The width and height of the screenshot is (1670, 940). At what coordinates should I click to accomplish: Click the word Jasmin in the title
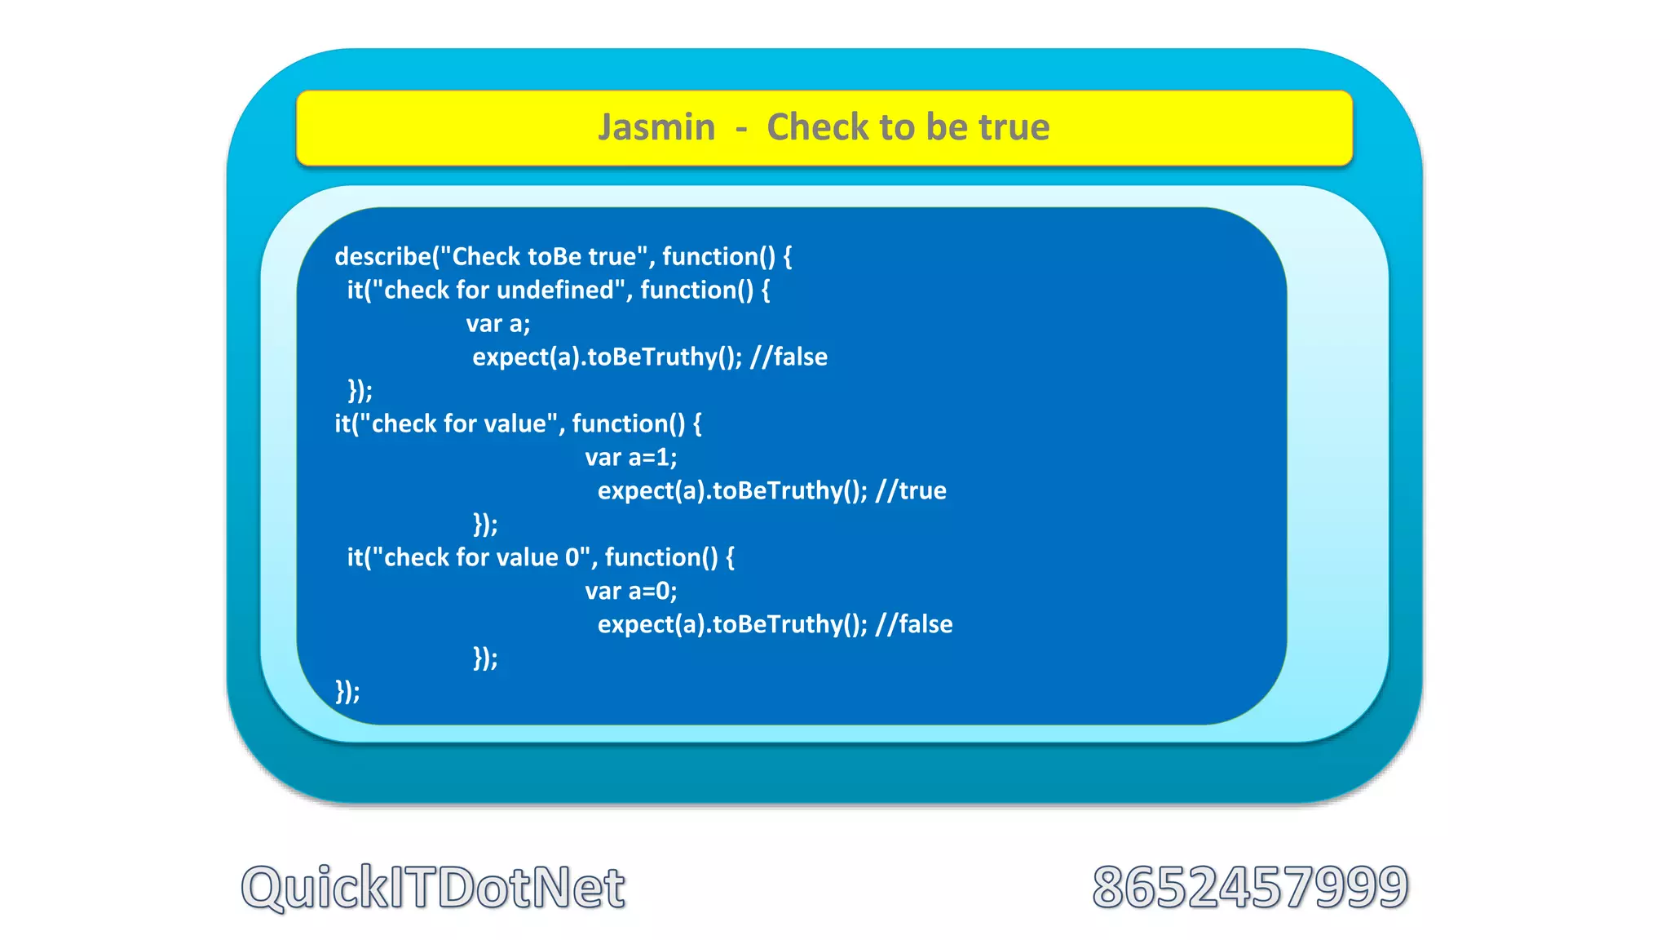point(656,128)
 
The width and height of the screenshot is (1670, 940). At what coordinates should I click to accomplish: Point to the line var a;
point(497,324)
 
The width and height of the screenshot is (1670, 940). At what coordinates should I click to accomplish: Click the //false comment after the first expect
point(789,357)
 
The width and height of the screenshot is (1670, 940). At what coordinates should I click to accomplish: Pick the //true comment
point(911,491)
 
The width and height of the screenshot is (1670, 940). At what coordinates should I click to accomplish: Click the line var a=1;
point(630,458)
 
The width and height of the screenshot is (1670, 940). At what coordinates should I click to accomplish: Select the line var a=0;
point(630,592)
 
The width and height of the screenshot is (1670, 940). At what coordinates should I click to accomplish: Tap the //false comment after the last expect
point(914,625)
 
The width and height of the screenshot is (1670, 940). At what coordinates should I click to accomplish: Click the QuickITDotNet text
point(433,888)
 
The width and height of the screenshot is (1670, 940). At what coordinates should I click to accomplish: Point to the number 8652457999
point(1250,888)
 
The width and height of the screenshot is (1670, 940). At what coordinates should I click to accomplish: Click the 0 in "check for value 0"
point(572,558)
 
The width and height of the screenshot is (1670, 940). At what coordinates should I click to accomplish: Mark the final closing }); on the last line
point(347,692)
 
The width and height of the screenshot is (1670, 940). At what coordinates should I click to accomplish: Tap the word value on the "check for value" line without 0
point(515,424)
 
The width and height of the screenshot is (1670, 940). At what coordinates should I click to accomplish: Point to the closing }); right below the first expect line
point(360,391)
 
